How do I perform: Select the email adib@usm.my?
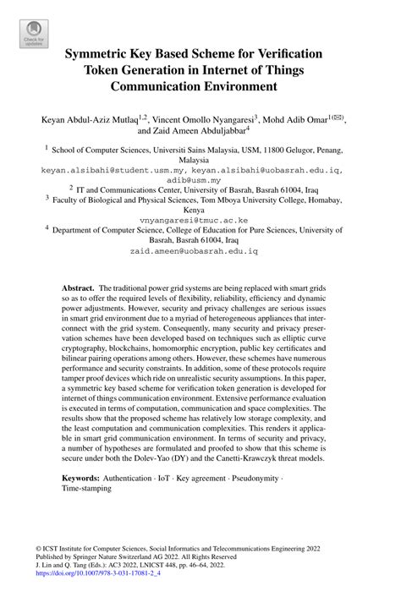point(200,179)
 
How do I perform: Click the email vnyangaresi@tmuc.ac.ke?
point(200,217)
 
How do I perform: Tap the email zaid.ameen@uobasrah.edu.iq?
point(200,252)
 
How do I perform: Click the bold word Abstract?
point(77,288)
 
